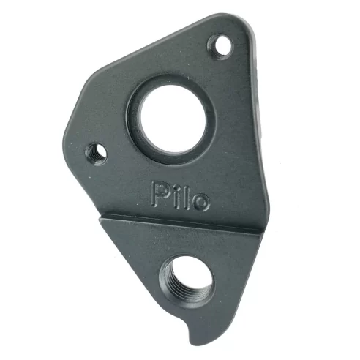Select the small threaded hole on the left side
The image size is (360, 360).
(96, 153)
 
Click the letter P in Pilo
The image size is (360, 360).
(161, 194)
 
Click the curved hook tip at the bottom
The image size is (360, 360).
(192, 338)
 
